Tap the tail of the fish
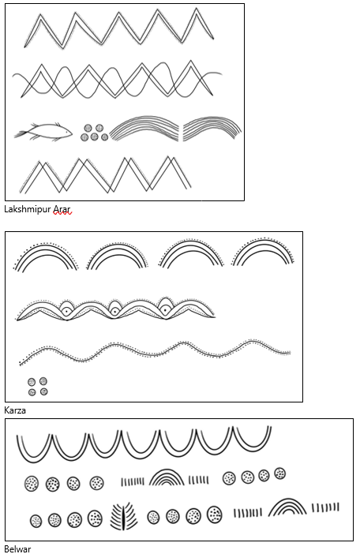(21, 133)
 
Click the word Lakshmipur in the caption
(28, 209)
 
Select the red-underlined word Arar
(62, 209)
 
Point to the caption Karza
(15, 410)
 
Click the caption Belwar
(17, 549)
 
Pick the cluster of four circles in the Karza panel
(37, 386)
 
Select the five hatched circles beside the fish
(94, 133)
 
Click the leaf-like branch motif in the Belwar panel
(124, 516)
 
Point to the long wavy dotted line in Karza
(155, 351)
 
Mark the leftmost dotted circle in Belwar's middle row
(32, 483)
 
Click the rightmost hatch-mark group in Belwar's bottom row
(325, 507)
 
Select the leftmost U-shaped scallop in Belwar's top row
(34, 461)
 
